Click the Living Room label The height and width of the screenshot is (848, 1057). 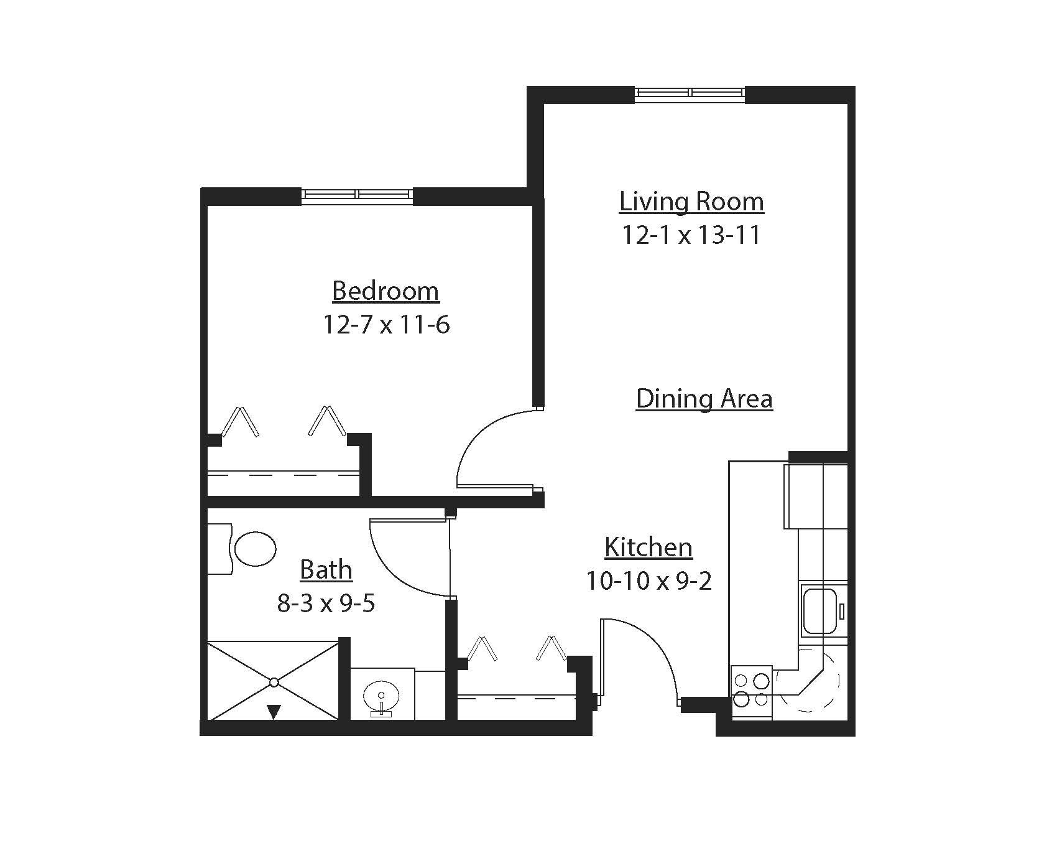(691, 202)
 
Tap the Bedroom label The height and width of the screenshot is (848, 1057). (385, 291)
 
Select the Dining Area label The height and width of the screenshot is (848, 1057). (704, 398)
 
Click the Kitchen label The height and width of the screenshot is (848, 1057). (649, 547)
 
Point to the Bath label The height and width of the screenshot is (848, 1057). (326, 570)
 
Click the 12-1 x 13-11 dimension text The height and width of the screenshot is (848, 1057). (691, 235)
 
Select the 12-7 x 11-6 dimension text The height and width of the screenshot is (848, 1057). (385, 325)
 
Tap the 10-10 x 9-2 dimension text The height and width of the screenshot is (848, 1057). (649, 581)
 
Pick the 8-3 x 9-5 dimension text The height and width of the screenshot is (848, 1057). (326, 603)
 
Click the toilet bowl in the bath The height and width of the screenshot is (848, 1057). (255, 549)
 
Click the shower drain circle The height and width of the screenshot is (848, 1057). (274, 683)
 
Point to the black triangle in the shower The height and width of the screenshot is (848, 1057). (274, 711)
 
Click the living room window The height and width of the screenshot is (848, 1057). (690, 93)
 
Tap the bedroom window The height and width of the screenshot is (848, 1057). (357, 195)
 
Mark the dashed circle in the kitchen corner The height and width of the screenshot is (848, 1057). (808, 681)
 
